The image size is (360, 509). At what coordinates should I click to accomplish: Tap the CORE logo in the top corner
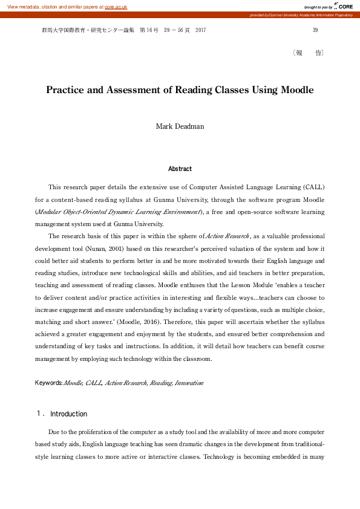coord(344,6)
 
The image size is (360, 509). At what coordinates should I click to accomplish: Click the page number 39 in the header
coord(315,30)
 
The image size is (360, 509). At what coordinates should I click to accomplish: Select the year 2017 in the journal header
coord(201,30)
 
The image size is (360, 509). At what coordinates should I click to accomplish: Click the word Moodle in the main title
coord(297,90)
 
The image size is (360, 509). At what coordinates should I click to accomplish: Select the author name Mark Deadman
coord(180,126)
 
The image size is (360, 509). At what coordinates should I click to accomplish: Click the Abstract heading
coord(180,169)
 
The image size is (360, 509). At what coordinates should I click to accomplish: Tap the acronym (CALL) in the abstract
coord(314,187)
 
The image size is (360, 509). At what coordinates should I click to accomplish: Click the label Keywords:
coord(49,383)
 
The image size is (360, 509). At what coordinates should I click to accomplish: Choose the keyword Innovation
coord(189,383)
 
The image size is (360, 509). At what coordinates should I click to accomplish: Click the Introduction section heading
coord(68,414)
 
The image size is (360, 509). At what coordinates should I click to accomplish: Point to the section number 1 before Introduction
coord(40,414)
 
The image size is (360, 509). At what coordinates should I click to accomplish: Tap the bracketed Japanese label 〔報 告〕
coord(308,53)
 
